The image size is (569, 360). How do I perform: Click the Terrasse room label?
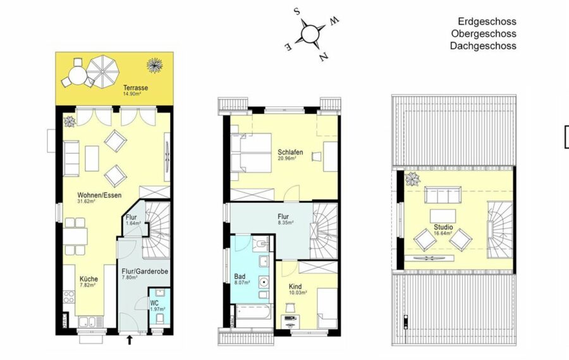pos(135,87)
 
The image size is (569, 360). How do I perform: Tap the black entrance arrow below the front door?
pos(130,340)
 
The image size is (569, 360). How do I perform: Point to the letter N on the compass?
pos(324,57)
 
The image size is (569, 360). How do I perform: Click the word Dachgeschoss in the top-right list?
pos(483,46)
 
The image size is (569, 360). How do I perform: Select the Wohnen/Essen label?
pos(99,195)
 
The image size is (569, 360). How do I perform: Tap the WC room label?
pos(154,303)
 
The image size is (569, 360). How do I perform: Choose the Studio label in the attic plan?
pos(443,227)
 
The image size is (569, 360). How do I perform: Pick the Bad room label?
pos(240,277)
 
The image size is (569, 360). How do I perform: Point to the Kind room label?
pos(295,287)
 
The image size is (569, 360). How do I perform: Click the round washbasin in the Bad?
pos(263,282)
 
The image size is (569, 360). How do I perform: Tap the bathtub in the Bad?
pos(254,312)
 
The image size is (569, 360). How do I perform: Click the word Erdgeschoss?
pos(487,22)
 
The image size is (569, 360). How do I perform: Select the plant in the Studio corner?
pos(413,178)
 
